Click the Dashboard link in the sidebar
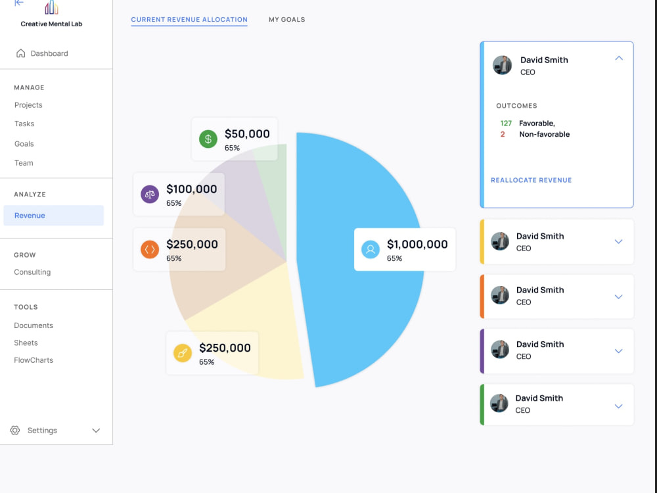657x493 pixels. coord(42,53)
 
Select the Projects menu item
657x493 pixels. coord(28,105)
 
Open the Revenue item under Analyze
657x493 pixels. coord(30,216)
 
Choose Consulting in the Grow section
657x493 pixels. coord(32,272)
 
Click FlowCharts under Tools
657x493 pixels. coord(34,360)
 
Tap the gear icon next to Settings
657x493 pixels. coord(15,430)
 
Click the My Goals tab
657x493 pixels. coord(287,19)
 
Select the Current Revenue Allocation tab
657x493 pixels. coord(189,19)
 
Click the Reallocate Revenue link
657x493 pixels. coord(532,180)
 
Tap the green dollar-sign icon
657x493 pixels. coord(208,139)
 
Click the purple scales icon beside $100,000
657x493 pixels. coord(150,194)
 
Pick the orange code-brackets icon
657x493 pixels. coord(150,249)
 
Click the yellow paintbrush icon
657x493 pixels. coord(183,353)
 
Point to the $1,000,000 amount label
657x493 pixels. coord(417,244)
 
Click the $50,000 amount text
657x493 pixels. coord(247,133)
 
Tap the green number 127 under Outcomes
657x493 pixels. coord(506,124)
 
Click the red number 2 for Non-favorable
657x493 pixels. coord(503,134)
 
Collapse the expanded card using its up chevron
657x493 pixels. coord(619,59)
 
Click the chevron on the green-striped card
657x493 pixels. coord(618,406)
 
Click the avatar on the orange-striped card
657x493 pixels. coord(500,296)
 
